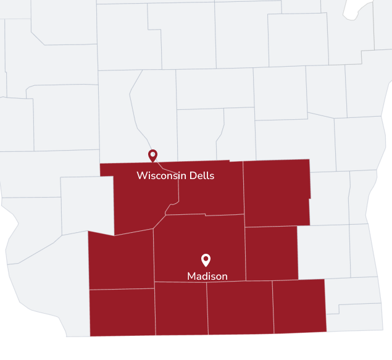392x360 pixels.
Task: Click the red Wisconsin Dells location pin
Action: [152, 155]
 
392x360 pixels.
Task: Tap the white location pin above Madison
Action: [206, 260]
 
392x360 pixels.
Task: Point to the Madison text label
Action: [207, 276]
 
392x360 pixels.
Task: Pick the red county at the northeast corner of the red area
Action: [277, 191]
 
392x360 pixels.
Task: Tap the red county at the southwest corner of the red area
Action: [122, 312]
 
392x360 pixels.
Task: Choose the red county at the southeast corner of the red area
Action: [299, 306]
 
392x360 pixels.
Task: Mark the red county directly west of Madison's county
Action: [121, 259]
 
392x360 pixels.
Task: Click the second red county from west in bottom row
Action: [180, 308]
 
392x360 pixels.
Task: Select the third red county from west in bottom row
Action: [240, 307]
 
